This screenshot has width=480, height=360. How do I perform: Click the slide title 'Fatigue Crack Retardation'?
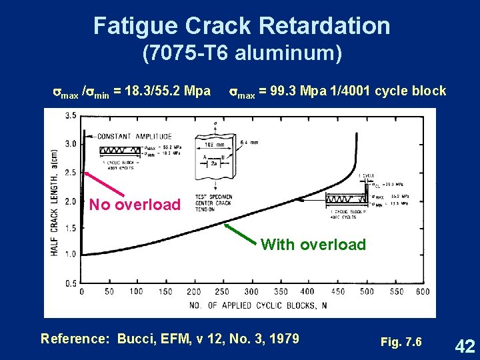click(x=241, y=25)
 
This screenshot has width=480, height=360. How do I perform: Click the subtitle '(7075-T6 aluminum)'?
click(x=242, y=53)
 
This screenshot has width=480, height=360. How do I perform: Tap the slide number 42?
click(x=464, y=345)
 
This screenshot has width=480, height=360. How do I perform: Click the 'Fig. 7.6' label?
click(x=401, y=342)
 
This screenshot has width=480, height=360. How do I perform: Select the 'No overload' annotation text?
click(x=135, y=204)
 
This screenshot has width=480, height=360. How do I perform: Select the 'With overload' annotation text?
click(x=313, y=245)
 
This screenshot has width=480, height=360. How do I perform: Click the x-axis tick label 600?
click(x=421, y=291)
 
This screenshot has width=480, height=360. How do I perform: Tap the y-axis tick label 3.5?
click(x=70, y=115)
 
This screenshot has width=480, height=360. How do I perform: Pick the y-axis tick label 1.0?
click(x=70, y=254)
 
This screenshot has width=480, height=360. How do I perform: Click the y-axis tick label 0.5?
click(x=70, y=283)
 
